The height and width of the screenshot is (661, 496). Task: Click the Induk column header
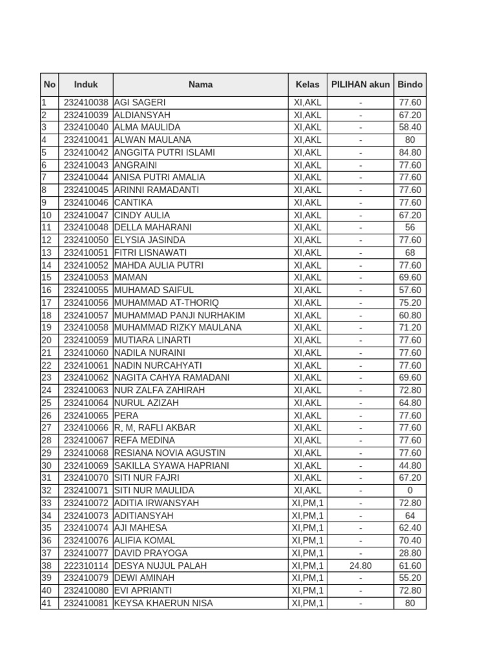pyautogui.click(x=86, y=85)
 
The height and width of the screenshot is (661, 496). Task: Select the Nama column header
pyautogui.click(x=200, y=85)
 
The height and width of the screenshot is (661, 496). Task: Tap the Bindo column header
pyautogui.click(x=410, y=85)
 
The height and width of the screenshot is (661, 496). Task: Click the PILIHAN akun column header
pyautogui.click(x=360, y=85)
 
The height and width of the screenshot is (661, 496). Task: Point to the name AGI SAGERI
pyautogui.click(x=139, y=103)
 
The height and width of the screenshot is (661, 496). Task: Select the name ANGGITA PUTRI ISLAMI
pyautogui.click(x=165, y=152)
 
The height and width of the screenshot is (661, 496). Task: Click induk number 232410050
pyautogui.click(x=86, y=240)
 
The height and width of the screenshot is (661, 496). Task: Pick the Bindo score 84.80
pyautogui.click(x=410, y=152)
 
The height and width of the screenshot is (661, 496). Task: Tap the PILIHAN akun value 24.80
pyautogui.click(x=360, y=565)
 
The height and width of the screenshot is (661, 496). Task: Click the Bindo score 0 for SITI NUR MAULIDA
pyautogui.click(x=410, y=491)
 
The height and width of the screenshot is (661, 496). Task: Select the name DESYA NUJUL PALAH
pyautogui.click(x=160, y=565)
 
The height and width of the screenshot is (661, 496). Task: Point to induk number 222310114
pyautogui.click(x=86, y=565)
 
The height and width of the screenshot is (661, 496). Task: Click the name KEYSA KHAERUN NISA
pyautogui.click(x=163, y=604)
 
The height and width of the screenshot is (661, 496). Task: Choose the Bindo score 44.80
pyautogui.click(x=410, y=465)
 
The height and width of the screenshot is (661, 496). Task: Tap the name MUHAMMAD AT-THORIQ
pyautogui.click(x=167, y=303)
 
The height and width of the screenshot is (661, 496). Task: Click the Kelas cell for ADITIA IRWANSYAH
pyautogui.click(x=307, y=503)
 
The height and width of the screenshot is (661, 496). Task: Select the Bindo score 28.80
pyautogui.click(x=410, y=553)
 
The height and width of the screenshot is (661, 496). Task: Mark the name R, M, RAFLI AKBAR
pyautogui.click(x=155, y=427)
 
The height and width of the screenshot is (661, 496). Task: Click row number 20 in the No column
pyautogui.click(x=46, y=340)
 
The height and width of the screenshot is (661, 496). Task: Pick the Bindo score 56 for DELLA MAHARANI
pyautogui.click(x=410, y=227)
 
